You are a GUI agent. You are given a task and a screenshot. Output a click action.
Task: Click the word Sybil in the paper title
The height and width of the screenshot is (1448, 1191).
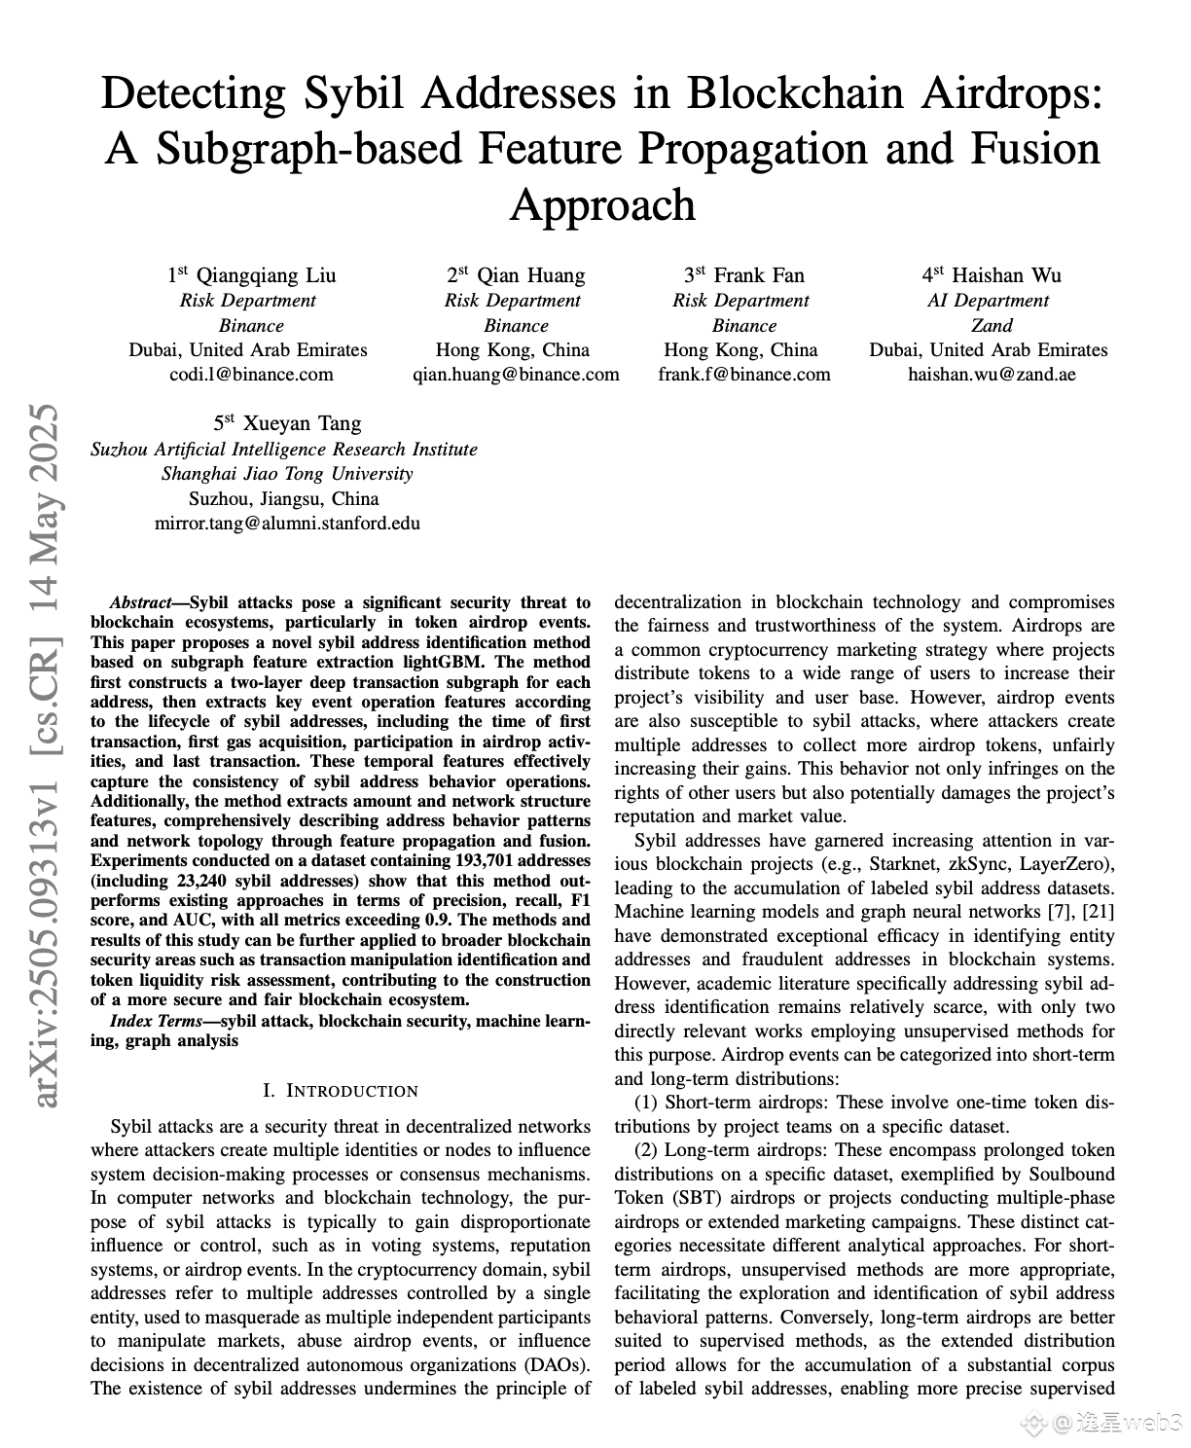click(359, 94)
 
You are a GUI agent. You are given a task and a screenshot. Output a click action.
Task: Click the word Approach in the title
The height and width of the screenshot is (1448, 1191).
click(603, 205)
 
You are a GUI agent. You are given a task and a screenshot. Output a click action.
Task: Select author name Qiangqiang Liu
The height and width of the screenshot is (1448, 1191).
click(266, 275)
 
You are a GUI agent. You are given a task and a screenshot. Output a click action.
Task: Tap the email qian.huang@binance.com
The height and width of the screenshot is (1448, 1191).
click(516, 375)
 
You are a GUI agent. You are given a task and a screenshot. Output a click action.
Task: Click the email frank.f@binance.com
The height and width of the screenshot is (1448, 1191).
click(744, 375)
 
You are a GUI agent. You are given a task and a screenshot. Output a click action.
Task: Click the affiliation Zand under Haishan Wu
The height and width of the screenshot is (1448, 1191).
click(992, 326)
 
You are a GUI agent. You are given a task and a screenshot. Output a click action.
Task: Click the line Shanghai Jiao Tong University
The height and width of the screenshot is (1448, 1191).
click(287, 474)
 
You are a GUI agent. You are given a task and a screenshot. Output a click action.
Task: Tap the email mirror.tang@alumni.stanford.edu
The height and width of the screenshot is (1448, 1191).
click(287, 524)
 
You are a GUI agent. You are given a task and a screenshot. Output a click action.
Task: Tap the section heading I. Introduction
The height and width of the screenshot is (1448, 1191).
click(341, 1091)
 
